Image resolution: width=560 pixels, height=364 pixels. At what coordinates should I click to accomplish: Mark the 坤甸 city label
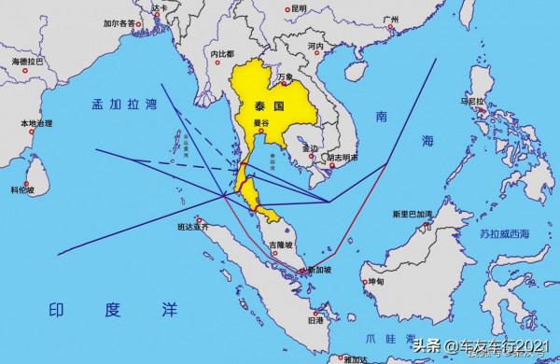pyautogui.click(x=375, y=281)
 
